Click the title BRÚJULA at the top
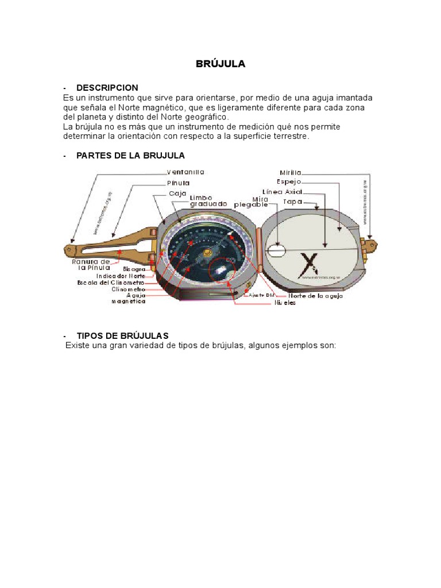[220, 64]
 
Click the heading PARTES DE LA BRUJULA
[130, 156]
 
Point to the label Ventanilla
[185, 172]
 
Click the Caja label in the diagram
[178, 194]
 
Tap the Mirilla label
[291, 172]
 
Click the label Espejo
[289, 181]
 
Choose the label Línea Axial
[282, 191]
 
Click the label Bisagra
[134, 268]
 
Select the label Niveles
[285, 303]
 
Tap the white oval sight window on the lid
[276, 250]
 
